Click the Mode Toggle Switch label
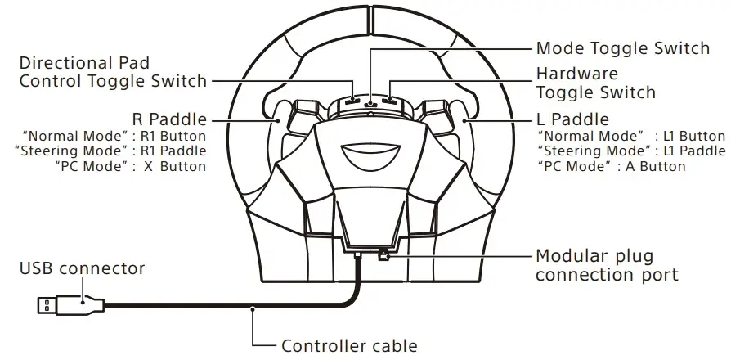pos(622,48)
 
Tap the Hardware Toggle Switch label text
pos(595,83)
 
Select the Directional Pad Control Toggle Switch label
pos(113,72)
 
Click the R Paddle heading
pos(169,119)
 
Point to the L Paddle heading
pos(573,119)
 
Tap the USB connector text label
pos(82,268)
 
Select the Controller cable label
pos(349,345)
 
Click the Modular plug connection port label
pos(606,265)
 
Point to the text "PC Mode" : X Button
pos(131,166)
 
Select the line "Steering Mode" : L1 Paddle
pos(631,151)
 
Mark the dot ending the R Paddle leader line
pos(270,119)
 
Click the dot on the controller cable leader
pos(253,308)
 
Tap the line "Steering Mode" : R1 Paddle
pos(110,151)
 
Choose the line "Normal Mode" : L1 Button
pos(631,136)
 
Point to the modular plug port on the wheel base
pos(382,256)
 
